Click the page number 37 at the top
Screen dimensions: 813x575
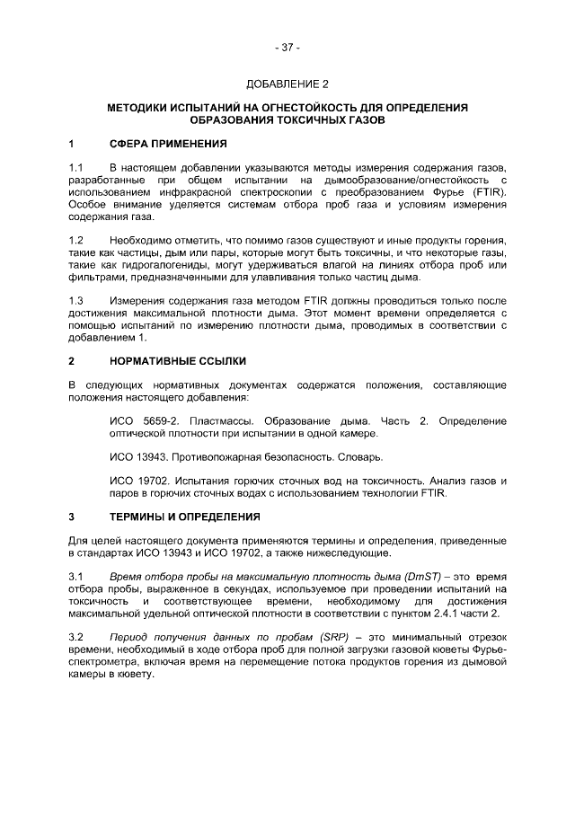coord(287,47)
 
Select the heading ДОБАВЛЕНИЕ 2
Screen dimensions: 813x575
coord(287,84)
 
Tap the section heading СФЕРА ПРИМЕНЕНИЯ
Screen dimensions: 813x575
coord(168,144)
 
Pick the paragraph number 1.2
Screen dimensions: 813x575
coord(76,242)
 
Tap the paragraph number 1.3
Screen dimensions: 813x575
coord(76,301)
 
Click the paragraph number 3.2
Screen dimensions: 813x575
coord(76,636)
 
